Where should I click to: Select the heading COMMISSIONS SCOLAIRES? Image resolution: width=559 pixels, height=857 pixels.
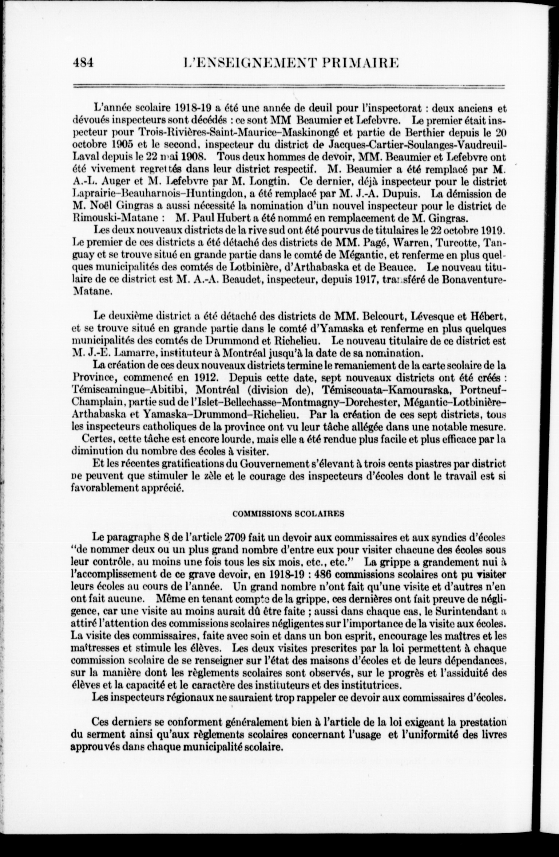pyautogui.click(x=288, y=514)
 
